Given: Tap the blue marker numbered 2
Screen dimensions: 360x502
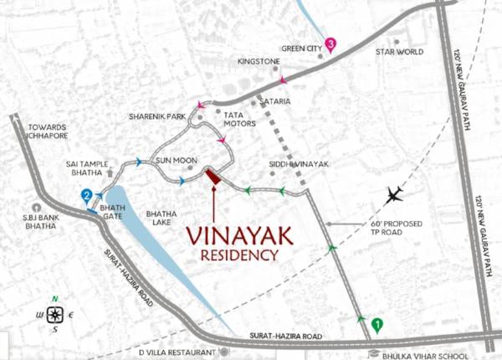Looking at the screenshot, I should pyautogui.click(x=86, y=197).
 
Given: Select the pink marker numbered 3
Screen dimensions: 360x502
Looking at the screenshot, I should pyautogui.click(x=331, y=44).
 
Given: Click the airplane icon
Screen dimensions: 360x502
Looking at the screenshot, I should pyautogui.click(x=395, y=194).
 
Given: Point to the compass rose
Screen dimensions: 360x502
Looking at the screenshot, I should pyautogui.click(x=55, y=315).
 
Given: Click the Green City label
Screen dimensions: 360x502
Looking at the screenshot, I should pyautogui.click(x=301, y=49).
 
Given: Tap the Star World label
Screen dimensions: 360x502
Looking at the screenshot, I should pyautogui.click(x=400, y=52).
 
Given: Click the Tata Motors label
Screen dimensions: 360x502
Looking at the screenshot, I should pyautogui.click(x=239, y=118).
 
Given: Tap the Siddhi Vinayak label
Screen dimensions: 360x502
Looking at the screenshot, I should pyautogui.click(x=299, y=165).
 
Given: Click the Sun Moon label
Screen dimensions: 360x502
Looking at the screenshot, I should pyautogui.click(x=177, y=159).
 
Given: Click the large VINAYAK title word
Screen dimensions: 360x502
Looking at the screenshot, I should pyautogui.click(x=239, y=236).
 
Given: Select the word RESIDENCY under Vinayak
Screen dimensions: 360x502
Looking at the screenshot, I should pyautogui.click(x=239, y=255).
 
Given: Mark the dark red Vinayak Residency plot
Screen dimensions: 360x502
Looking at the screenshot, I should pyautogui.click(x=213, y=177).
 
